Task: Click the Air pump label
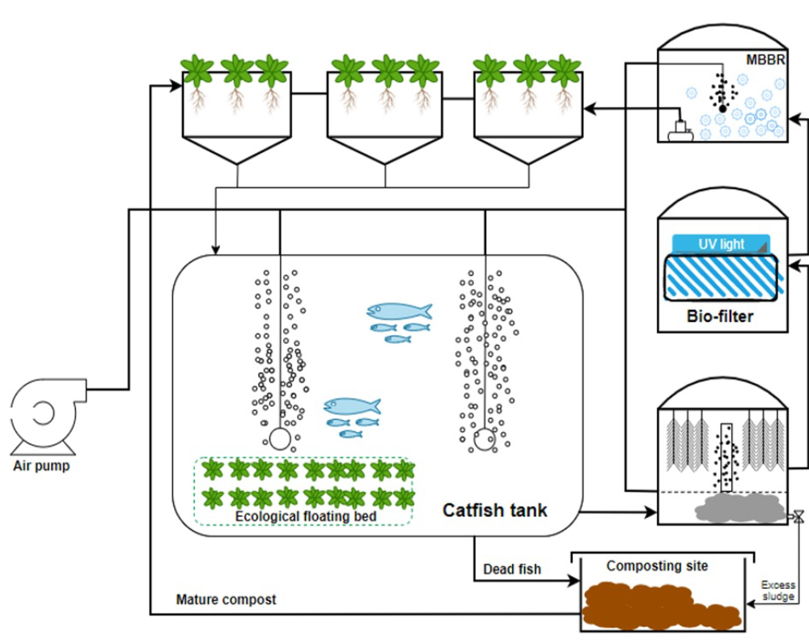tap(41, 465)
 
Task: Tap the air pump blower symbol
tap(44, 413)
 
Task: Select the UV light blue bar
tap(721, 244)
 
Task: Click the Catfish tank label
tap(494, 511)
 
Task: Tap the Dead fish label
tap(511, 570)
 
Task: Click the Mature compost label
tap(226, 600)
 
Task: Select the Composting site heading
tap(657, 566)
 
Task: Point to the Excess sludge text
tap(778, 591)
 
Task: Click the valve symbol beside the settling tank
tap(798, 515)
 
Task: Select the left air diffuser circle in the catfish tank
tap(280, 439)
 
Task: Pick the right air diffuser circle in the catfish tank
tap(485, 439)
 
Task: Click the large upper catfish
tap(399, 311)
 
